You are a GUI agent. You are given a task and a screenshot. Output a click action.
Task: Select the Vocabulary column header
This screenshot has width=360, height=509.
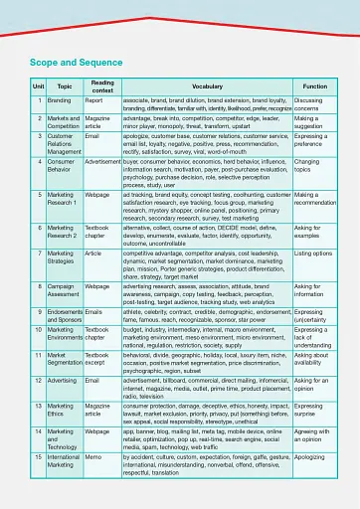tap(207, 87)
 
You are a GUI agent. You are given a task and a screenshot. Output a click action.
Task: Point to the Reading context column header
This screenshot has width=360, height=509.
tap(101, 87)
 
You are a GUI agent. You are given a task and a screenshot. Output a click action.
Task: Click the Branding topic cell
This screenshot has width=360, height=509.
tap(59, 100)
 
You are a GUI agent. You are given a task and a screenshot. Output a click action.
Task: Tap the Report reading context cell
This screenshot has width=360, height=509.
tap(94, 100)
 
